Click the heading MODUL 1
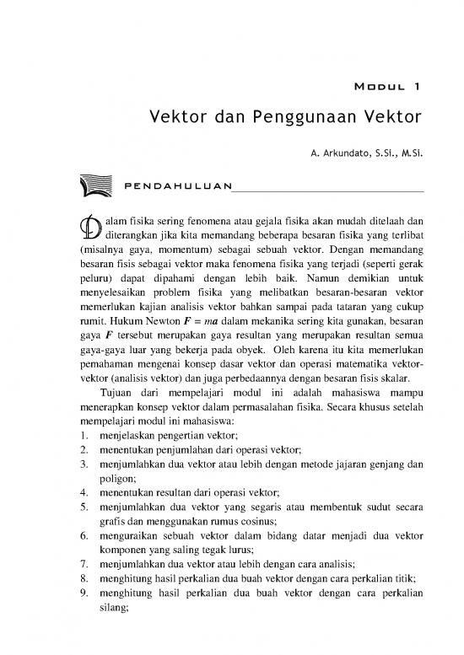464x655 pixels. [x=384, y=86]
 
